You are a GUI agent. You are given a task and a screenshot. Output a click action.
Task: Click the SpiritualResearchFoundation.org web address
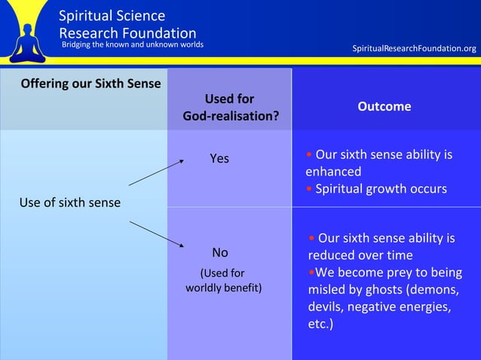tap(414, 49)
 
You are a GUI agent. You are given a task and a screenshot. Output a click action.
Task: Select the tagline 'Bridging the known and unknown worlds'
tap(132, 44)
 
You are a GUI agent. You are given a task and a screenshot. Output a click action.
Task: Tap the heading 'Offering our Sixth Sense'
tap(90, 83)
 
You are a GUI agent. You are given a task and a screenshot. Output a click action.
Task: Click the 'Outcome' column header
tap(384, 106)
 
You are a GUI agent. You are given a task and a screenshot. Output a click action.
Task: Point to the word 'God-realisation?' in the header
tap(230, 117)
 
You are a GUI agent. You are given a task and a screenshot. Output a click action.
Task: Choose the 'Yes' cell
tap(219, 158)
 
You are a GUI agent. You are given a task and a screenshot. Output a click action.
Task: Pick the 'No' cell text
tap(219, 252)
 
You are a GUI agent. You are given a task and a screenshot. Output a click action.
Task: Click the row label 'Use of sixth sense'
tap(69, 203)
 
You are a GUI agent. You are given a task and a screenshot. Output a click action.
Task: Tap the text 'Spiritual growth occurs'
tap(381, 188)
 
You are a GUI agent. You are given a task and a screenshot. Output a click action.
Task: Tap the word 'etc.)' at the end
tap(322, 324)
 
